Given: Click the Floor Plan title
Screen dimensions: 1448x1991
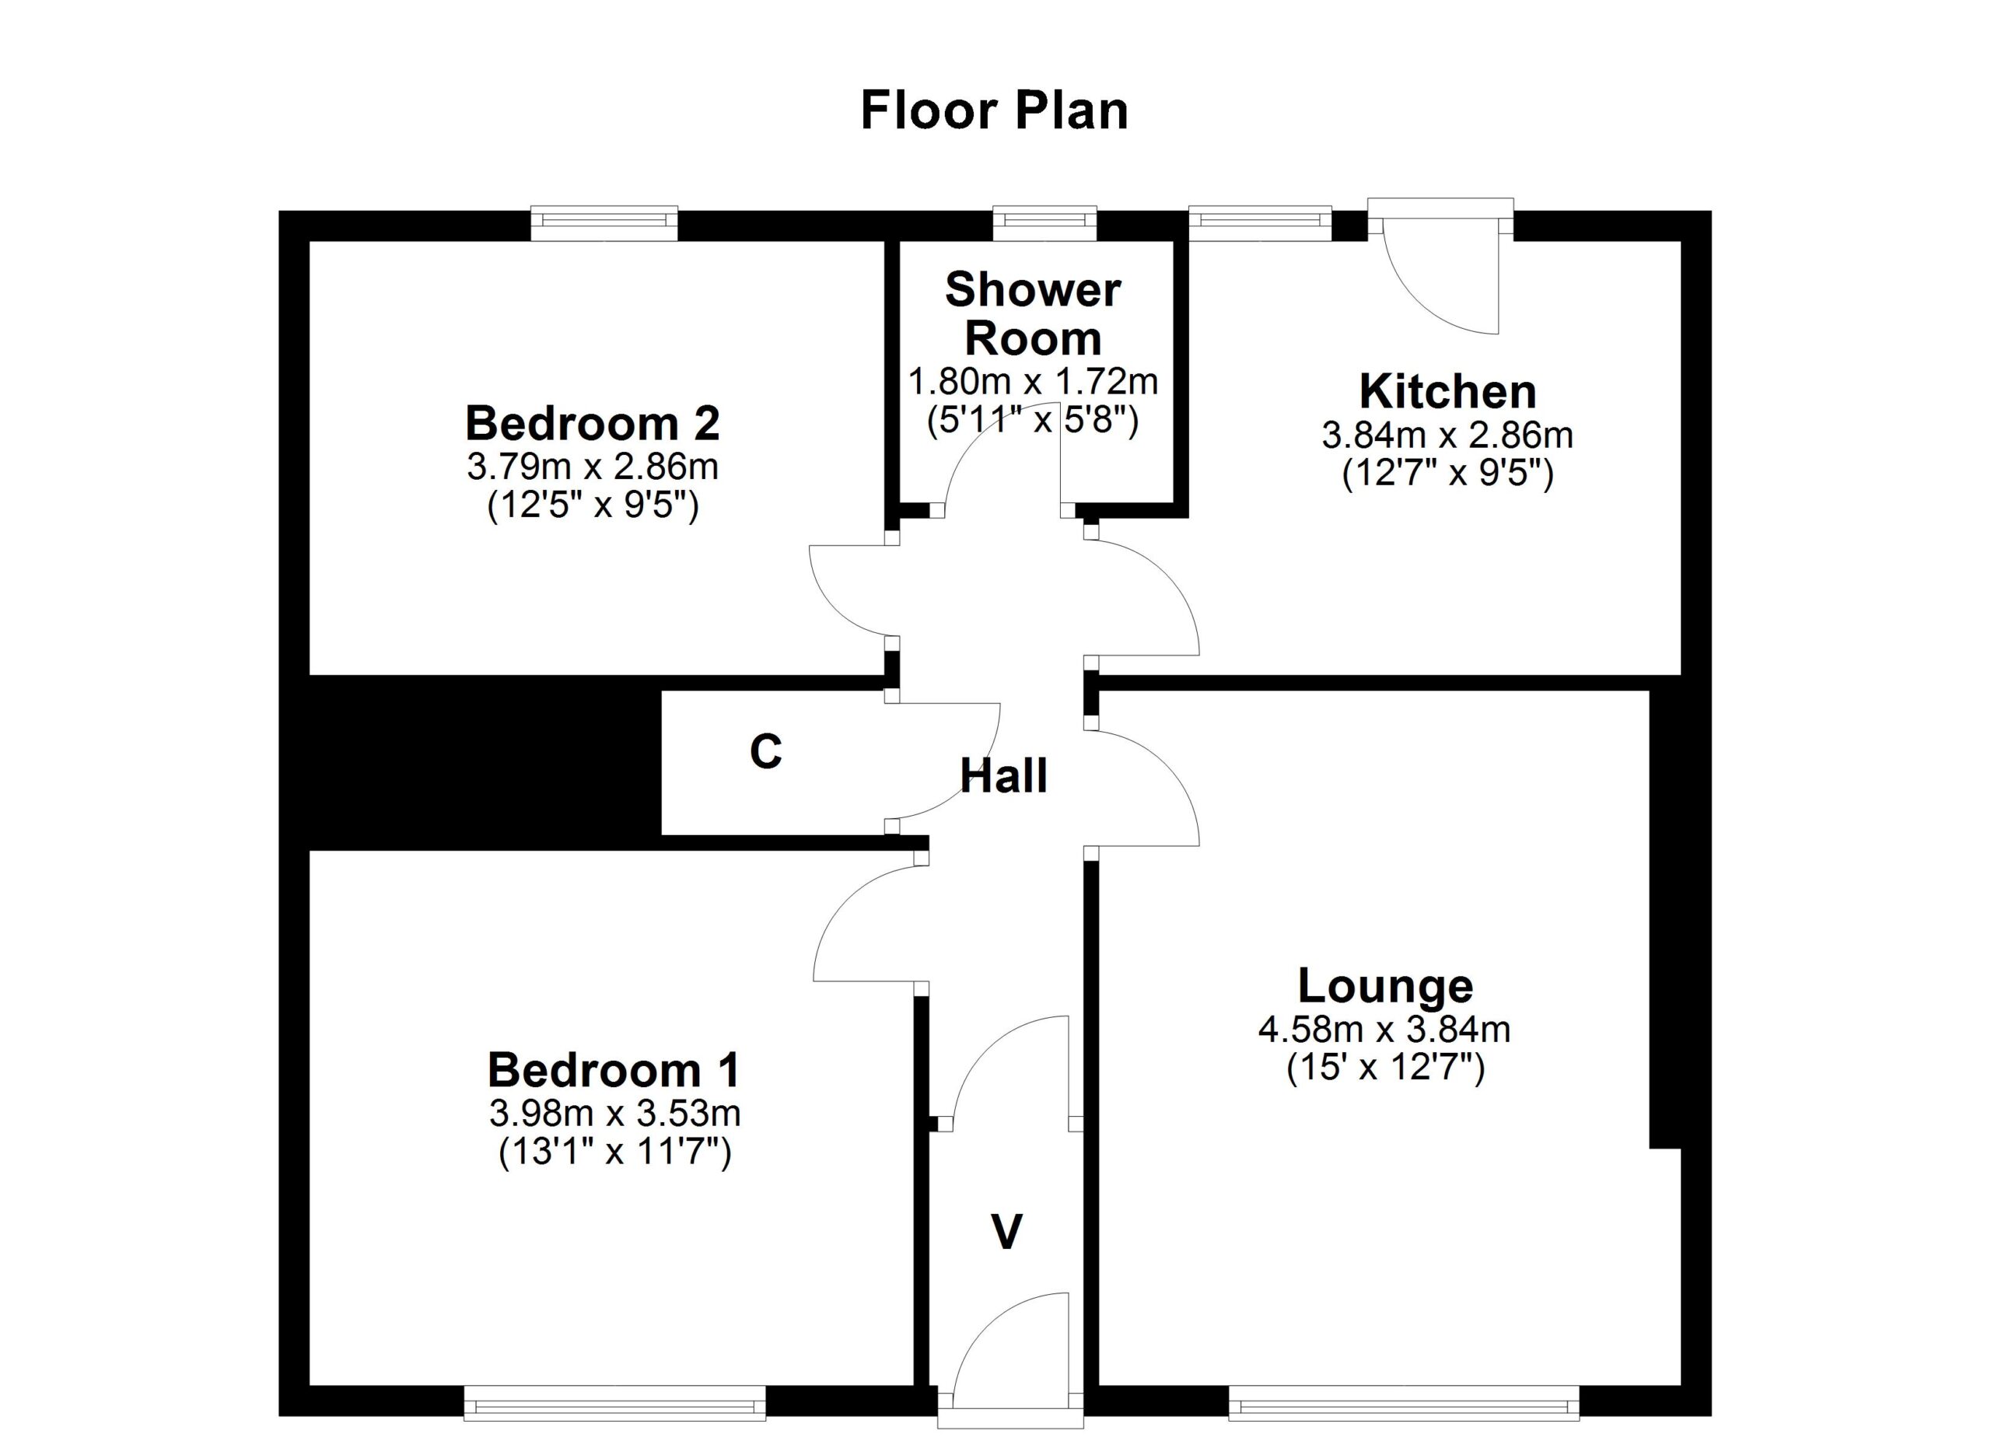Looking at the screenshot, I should click(994, 111).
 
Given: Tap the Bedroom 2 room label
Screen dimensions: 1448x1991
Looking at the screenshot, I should click(593, 423).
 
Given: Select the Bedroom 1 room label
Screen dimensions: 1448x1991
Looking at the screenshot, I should click(614, 1070).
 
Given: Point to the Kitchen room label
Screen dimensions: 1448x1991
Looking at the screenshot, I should click(1447, 391).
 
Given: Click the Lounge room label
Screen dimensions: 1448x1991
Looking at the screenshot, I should click(1385, 985).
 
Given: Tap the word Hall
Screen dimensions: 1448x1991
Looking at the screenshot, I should click(1003, 776).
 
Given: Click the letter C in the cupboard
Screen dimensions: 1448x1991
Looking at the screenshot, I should click(765, 752).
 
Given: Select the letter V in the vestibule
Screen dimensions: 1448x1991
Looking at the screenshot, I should click(1006, 1231).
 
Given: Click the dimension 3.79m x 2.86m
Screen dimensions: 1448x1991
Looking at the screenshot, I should click(593, 467).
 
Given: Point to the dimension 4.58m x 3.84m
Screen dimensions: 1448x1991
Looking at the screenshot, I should click(1384, 1030).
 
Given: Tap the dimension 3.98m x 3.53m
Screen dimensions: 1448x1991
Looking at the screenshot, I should click(614, 1114).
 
